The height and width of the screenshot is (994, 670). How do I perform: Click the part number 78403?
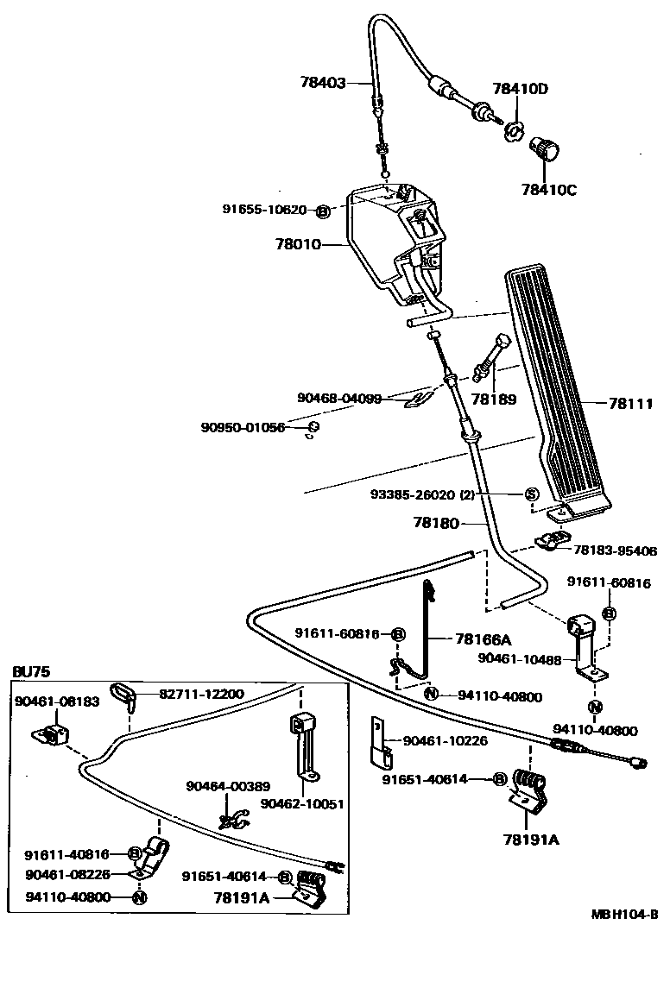pyautogui.click(x=322, y=84)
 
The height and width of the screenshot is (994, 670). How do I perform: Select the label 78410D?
pyautogui.click(x=521, y=89)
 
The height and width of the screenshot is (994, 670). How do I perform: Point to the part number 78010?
pyautogui.click(x=298, y=244)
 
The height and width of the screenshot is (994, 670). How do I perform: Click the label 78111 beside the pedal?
pyautogui.click(x=630, y=403)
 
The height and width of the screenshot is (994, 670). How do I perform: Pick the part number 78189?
pyautogui.click(x=494, y=399)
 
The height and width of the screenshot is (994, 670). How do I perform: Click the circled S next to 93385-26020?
pyautogui.click(x=532, y=494)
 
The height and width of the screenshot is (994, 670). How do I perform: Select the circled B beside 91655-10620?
pyautogui.click(x=322, y=210)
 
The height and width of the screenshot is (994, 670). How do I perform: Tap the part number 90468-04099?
pyautogui.click(x=338, y=398)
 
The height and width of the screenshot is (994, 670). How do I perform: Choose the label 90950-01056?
pyautogui.click(x=243, y=427)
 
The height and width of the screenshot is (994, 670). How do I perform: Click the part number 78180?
pyautogui.click(x=436, y=522)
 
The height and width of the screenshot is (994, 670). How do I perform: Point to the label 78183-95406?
pyautogui.click(x=615, y=550)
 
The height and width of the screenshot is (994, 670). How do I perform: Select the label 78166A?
pyautogui.click(x=483, y=639)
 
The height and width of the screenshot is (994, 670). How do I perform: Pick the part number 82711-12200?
pyautogui.click(x=200, y=694)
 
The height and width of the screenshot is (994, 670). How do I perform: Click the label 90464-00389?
pyautogui.click(x=228, y=786)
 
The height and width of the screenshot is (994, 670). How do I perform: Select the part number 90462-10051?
pyautogui.click(x=302, y=803)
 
